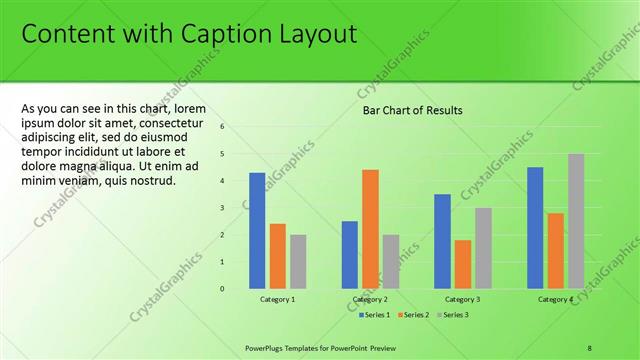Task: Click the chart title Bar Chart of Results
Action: coord(412,111)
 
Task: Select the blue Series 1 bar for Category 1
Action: coord(257,230)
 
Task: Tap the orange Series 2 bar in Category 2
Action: coord(370,229)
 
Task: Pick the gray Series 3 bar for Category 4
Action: coord(576,221)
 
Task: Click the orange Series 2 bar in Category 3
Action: coord(462,264)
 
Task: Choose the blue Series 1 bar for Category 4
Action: coord(535,227)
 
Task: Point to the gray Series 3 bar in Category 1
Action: coord(298,261)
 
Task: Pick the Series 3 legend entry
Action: coord(453,315)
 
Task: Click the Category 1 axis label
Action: coord(278,299)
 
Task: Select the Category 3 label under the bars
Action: coord(462,299)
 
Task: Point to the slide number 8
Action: coord(590,347)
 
